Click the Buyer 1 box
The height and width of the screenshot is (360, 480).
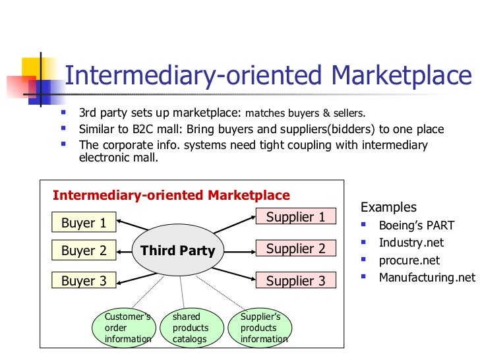pos(84,223)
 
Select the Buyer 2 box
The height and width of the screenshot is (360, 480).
pos(84,251)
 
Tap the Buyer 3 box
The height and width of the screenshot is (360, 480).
pos(84,281)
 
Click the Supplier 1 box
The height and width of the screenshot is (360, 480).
pos(295,216)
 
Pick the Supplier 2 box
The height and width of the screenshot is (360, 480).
pos(295,249)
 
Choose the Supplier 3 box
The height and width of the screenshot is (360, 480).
pos(295,281)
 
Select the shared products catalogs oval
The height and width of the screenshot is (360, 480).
pos(191,328)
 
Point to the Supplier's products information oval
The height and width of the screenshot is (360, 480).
pos(264,328)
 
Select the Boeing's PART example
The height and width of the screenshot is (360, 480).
pos(416,225)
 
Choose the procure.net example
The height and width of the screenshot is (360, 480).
pos(409,260)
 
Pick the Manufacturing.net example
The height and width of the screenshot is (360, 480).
pos(427,277)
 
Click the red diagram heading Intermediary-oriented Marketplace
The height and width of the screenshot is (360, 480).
pos(171,195)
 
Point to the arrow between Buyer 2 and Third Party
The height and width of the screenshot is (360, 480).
pos(124,251)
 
